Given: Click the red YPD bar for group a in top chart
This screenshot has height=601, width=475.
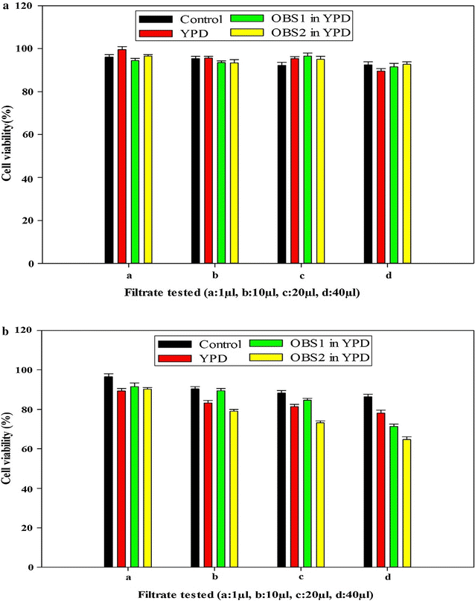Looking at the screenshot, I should (122, 156).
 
